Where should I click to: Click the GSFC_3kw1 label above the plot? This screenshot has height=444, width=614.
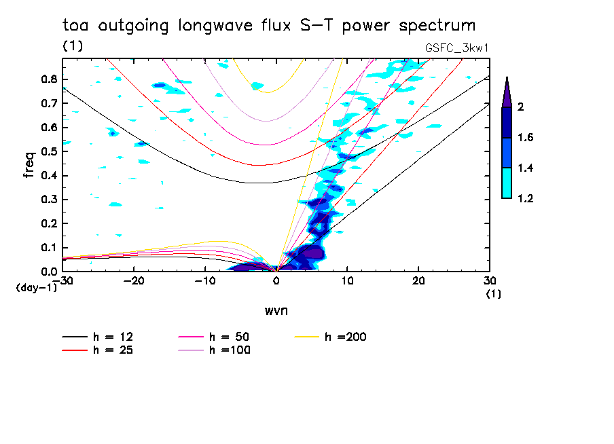pos(456,47)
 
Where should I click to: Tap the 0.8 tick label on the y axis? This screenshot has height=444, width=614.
pos(48,79)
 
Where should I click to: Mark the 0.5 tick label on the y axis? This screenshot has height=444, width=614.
pos(48,151)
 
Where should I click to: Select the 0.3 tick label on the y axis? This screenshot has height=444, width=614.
pos(48,200)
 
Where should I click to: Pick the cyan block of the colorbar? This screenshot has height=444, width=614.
pos(507,183)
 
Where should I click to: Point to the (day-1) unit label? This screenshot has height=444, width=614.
pos(36,288)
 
